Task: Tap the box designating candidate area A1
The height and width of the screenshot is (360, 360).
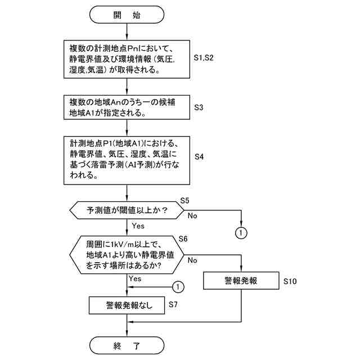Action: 127,106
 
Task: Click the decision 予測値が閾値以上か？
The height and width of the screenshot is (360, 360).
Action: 128,210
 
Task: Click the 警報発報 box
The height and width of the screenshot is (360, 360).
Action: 240,281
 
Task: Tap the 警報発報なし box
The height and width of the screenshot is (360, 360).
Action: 128,305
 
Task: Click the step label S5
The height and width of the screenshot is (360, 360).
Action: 184,201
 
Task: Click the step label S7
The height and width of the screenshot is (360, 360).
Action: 174,304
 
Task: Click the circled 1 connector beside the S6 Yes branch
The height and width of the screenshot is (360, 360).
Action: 178,287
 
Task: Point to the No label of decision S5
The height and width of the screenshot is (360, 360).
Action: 193,215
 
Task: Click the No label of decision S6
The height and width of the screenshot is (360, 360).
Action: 192,260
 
